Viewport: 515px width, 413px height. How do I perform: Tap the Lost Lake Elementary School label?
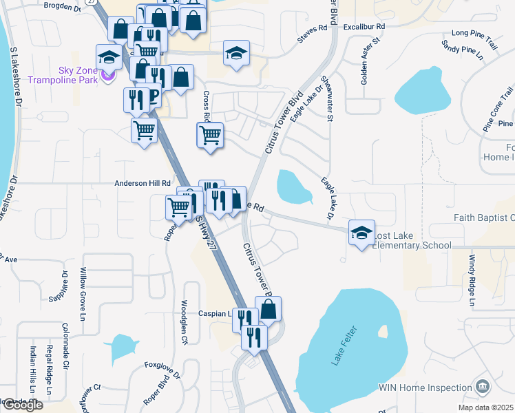(x=412, y=240)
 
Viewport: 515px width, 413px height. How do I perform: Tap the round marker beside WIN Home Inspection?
(x=483, y=385)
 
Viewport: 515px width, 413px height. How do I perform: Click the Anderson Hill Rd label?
(x=142, y=184)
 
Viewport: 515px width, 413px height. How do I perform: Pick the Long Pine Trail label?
(x=474, y=33)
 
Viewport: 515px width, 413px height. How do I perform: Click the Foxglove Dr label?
(x=162, y=369)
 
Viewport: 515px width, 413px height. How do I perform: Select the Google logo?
(x=22, y=405)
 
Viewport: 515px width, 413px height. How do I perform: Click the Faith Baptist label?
(x=484, y=218)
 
